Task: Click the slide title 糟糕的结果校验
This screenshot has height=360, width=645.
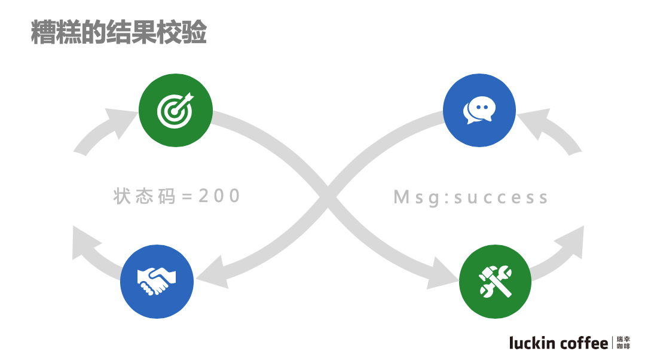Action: pyautogui.click(x=118, y=33)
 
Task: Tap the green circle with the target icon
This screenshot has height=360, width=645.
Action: pyautogui.click(x=175, y=109)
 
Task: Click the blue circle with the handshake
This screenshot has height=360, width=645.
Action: pyautogui.click(x=157, y=282)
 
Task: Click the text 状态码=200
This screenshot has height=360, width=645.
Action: pyautogui.click(x=176, y=196)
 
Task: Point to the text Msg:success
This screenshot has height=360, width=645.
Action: pyautogui.click(x=470, y=197)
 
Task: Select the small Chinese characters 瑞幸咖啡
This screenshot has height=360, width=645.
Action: pyautogui.click(x=623, y=343)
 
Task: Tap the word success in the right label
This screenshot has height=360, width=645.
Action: pyautogui.click(x=500, y=198)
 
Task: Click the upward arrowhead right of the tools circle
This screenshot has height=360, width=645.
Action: pyautogui.click(x=571, y=239)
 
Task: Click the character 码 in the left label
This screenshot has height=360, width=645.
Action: pyautogui.click(x=167, y=196)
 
